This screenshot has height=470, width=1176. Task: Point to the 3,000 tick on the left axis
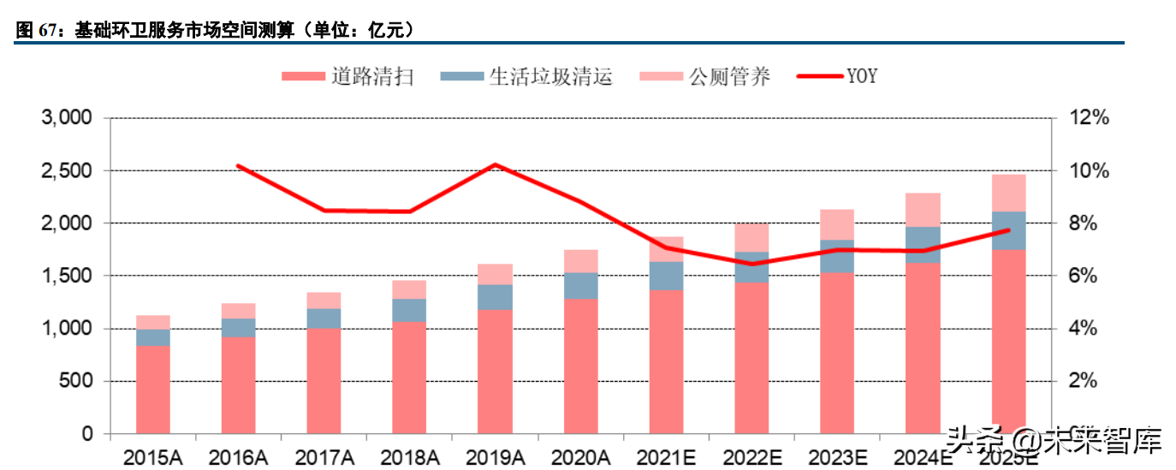[x=67, y=118]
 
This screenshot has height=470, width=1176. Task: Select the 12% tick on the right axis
[x=1088, y=118]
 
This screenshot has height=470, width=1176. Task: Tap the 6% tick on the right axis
[x=1083, y=277]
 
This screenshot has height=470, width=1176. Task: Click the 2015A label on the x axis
[x=153, y=457]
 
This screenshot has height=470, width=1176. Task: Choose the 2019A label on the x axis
[x=495, y=457]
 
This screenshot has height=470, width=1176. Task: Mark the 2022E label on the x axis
[x=751, y=457]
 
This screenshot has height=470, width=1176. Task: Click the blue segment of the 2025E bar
[x=1008, y=230]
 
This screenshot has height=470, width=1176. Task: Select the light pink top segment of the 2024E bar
[x=923, y=210]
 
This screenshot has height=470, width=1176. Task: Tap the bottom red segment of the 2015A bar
[x=153, y=390]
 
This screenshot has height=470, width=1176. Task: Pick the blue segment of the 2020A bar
[x=580, y=286]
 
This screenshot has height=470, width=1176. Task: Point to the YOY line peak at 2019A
[x=496, y=164]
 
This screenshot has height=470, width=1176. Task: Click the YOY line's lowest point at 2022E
[x=751, y=264]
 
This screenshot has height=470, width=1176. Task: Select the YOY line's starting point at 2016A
[x=238, y=166]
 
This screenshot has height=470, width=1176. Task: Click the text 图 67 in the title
[x=34, y=31]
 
